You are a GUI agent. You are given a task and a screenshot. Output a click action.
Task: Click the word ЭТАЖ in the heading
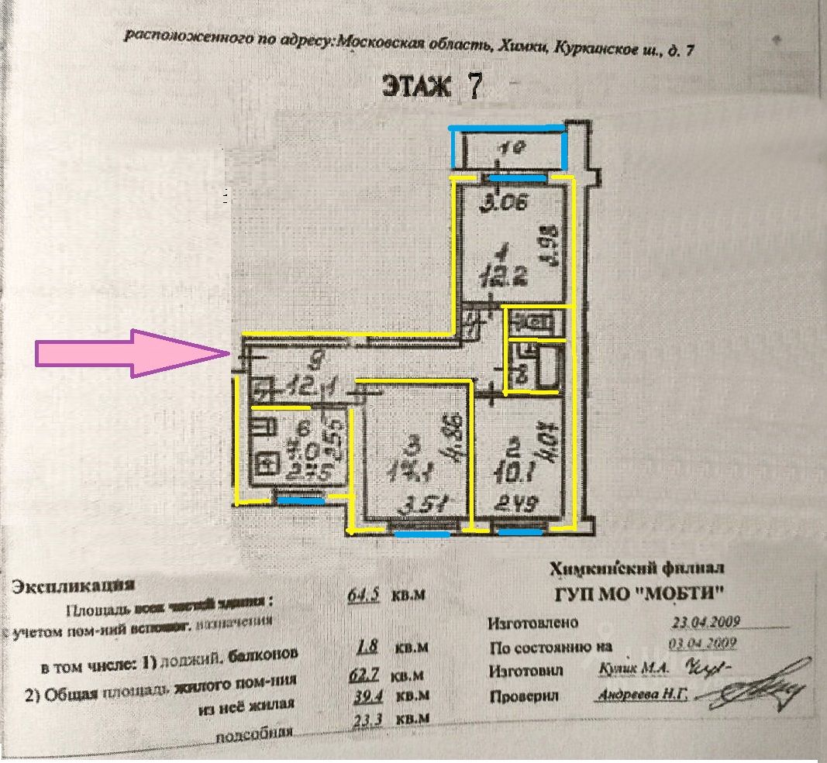[x=416, y=86]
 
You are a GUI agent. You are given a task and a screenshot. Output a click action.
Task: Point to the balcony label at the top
[x=507, y=150]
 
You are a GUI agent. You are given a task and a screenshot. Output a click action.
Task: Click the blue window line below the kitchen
[x=301, y=501]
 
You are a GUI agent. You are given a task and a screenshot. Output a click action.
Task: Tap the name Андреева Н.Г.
[x=642, y=695]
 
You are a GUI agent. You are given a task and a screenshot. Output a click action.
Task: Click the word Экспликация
[x=74, y=586]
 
